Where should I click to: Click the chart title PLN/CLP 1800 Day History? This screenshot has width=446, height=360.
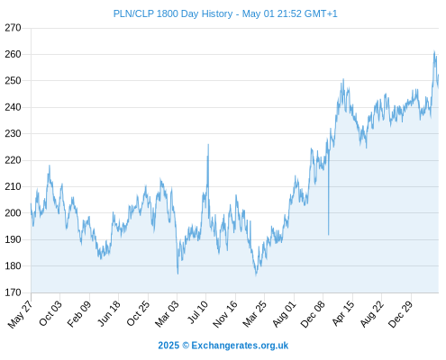(173, 13)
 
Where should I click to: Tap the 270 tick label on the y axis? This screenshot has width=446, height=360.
(13, 28)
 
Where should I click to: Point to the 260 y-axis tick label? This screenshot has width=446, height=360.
(13, 54)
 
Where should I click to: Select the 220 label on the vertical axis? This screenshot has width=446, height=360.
(13, 160)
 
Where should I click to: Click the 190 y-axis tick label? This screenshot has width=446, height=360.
(13, 239)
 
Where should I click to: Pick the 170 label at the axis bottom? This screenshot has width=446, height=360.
(13, 292)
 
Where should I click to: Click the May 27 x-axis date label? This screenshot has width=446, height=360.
(20, 314)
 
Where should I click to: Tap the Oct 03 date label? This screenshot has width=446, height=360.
(50, 313)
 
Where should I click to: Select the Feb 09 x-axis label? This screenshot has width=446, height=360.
(78, 314)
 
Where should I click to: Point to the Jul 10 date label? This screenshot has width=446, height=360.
(197, 312)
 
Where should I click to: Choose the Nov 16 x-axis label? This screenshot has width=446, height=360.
(225, 314)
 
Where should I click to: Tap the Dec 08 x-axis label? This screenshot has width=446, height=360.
(313, 314)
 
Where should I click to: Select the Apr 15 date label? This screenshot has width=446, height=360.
(343, 313)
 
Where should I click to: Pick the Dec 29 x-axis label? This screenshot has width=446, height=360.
(401, 314)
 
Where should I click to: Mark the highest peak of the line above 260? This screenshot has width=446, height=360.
(434, 51)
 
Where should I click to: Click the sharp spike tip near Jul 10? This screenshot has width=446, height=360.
(208, 145)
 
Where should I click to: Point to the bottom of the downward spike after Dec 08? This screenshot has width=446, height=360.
(329, 235)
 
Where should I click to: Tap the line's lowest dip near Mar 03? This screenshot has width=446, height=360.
(177, 274)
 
